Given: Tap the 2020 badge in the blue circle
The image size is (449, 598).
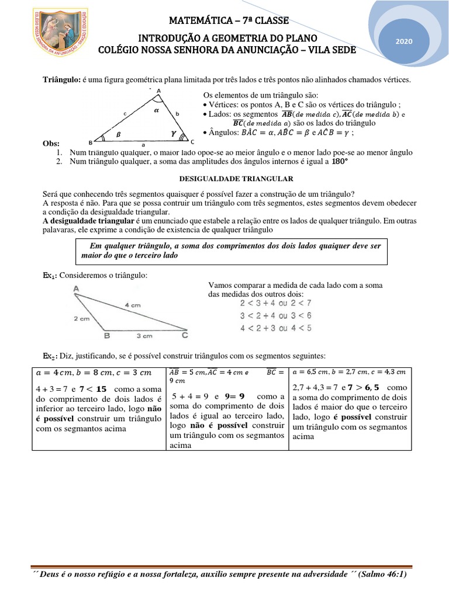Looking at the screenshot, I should [404, 41].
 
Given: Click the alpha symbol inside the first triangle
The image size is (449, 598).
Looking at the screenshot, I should [156, 109].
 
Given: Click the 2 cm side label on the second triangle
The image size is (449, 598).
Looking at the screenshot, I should [81, 318].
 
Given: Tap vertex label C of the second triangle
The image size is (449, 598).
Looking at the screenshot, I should [184, 336].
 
